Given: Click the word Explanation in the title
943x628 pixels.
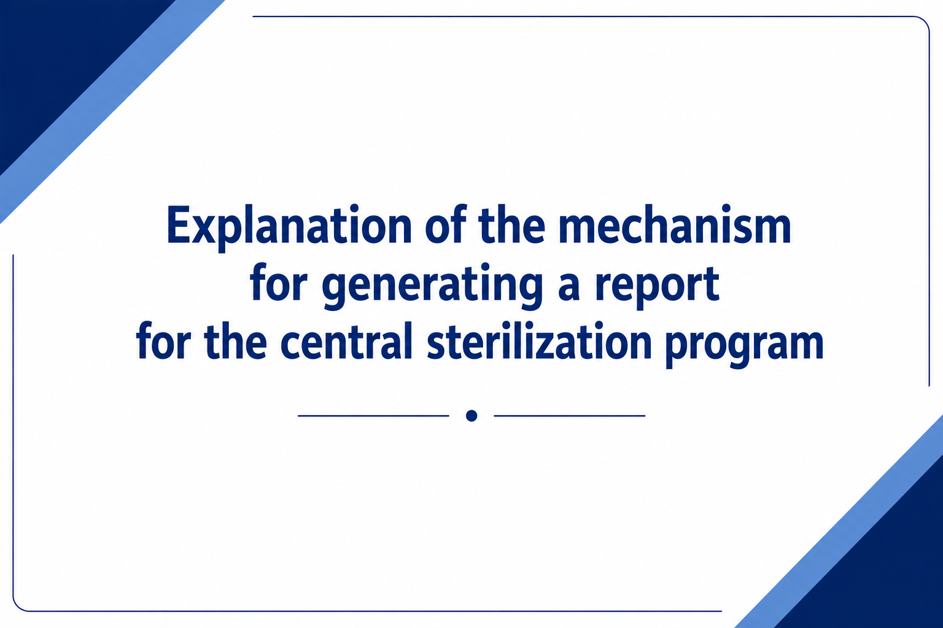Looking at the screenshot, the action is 289,228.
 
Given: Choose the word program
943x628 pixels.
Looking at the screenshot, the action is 745,346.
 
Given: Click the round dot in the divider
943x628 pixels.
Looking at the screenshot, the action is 471,416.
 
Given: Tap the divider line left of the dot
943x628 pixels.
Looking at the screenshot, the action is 373,416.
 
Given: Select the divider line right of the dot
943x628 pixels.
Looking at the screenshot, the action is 570,416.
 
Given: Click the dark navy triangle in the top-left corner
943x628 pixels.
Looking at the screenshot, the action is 55,55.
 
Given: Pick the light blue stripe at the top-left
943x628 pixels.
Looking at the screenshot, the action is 112,112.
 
